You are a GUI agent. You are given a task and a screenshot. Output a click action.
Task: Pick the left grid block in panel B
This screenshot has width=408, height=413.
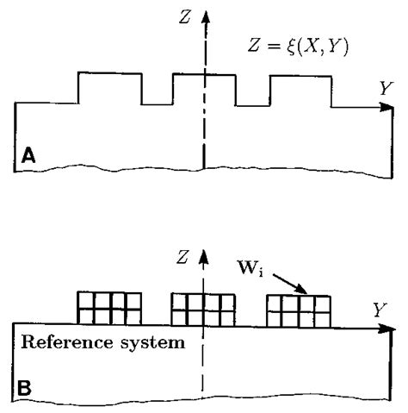(109, 308)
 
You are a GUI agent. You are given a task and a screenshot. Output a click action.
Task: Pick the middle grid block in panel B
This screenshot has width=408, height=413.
(203, 309)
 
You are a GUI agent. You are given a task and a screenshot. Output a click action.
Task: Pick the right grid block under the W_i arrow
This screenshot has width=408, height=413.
(298, 310)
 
